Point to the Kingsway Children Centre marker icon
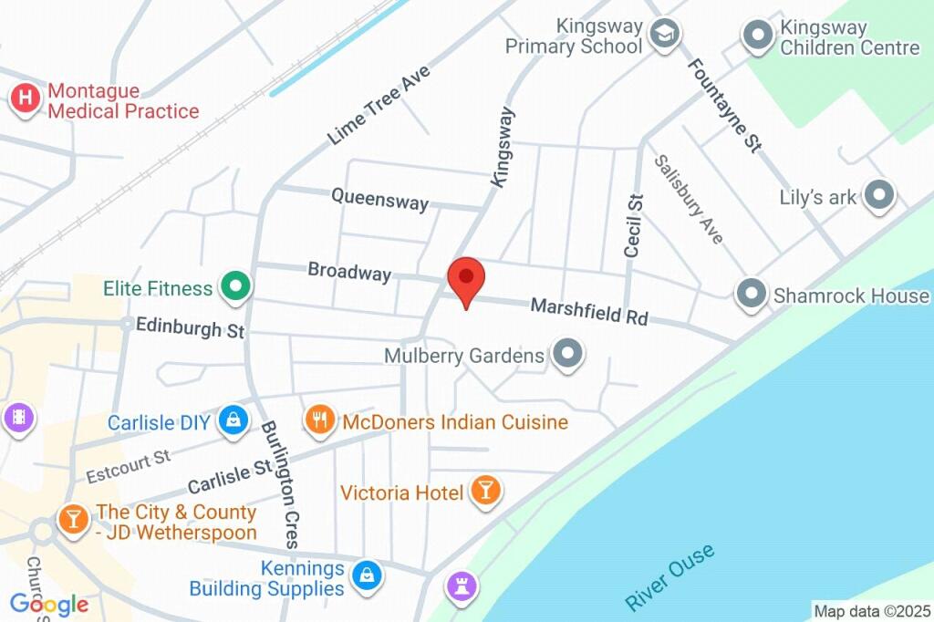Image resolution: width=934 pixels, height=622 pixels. (x=757, y=36)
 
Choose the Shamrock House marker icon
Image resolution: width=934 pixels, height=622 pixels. (x=752, y=295)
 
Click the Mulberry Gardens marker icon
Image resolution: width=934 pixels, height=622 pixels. (x=568, y=355)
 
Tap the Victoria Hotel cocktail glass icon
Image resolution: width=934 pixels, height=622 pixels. (x=485, y=492)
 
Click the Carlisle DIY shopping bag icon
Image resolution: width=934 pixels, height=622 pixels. (x=233, y=421)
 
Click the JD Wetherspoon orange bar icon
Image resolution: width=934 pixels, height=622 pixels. (x=72, y=521)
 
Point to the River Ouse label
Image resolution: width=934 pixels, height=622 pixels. (x=669, y=576)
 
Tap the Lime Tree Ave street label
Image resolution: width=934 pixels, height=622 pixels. (x=378, y=106)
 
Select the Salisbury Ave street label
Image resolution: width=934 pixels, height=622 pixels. (x=689, y=199)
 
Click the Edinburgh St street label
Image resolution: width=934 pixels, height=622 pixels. (x=190, y=327)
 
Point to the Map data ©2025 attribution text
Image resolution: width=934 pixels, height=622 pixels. (x=871, y=610)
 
